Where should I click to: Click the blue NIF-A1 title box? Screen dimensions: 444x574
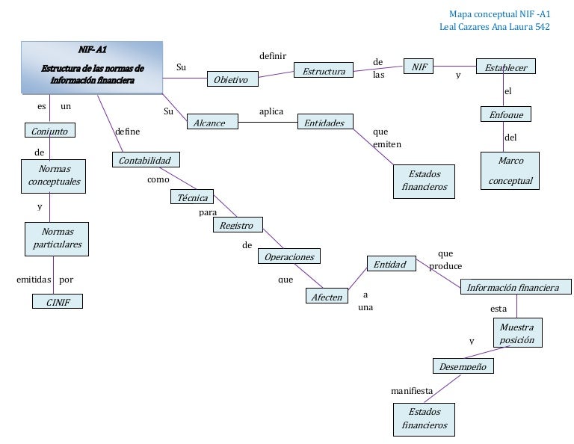tap(92, 68)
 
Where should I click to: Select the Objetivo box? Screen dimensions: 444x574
tap(232, 79)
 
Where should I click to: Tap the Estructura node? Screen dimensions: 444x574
tap(324, 71)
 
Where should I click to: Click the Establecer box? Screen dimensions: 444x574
tap(506, 67)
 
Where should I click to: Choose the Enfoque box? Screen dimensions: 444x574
tap(506, 114)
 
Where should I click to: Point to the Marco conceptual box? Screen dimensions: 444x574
tap(510, 170)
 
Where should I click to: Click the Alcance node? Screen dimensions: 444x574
tap(210, 123)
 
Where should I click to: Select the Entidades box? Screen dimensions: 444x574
tap(324, 123)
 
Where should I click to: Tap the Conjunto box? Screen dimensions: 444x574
tap(50, 131)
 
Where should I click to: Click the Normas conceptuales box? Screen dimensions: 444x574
tap(54, 176)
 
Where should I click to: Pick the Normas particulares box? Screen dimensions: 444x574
tap(57, 238)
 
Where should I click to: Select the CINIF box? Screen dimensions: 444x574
tap(57, 302)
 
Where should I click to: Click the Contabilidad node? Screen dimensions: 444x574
tap(146, 160)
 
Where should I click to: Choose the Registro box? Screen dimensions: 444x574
tap(237, 225)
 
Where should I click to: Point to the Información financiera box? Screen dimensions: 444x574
tap(513, 288)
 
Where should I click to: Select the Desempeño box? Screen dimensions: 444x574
tap(463, 366)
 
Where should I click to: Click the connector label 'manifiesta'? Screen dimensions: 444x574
tap(412, 391)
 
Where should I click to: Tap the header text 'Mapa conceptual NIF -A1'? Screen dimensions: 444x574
tap(499, 14)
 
